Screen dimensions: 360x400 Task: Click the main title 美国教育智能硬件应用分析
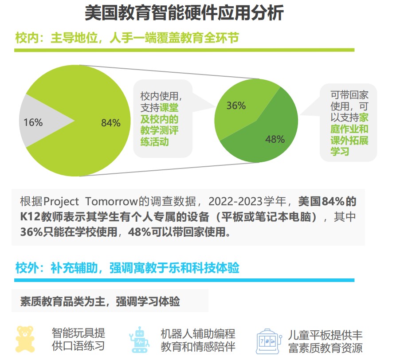click(184, 13)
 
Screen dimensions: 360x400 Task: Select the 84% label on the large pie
click(110, 123)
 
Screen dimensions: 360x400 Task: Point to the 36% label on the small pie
click(236, 106)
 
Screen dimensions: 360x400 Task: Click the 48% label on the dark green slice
click(275, 139)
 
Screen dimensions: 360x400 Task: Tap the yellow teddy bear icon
click(25, 339)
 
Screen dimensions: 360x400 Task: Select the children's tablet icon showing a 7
click(268, 340)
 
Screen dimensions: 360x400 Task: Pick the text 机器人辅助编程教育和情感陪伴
click(197, 339)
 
